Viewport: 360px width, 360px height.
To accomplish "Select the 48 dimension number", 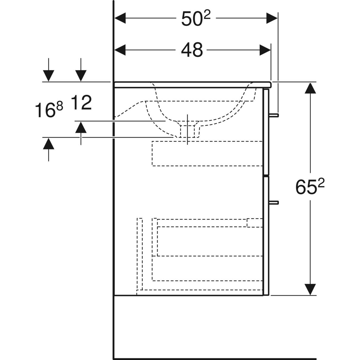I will [x=192, y=50].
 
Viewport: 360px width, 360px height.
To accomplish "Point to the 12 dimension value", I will [x=81, y=103].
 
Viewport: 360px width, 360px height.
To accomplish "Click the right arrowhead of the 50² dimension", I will [x=271, y=18].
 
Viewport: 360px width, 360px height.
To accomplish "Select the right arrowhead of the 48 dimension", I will [x=265, y=50].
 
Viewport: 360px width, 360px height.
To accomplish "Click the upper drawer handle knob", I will [x=274, y=115].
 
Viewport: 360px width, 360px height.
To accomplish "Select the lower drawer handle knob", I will [x=274, y=202].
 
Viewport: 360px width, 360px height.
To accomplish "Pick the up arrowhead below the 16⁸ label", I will [x=49, y=144].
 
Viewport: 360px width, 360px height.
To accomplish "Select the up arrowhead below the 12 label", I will [x=81, y=127].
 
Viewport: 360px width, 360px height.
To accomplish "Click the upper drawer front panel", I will [x=266, y=132].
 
